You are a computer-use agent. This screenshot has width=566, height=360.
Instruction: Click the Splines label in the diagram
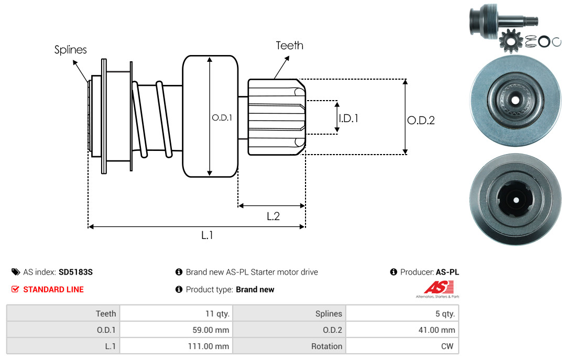tap(70, 49)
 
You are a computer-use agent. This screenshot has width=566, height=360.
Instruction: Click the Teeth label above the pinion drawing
tap(289, 45)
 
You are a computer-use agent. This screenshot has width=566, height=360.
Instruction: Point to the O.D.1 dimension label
tap(222, 117)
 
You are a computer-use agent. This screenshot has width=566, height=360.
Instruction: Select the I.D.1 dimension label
tap(349, 118)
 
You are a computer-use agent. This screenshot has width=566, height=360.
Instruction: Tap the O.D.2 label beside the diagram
tap(421, 120)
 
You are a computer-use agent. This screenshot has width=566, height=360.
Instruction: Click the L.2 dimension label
tap(273, 216)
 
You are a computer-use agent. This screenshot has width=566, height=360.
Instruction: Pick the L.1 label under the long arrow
tap(207, 235)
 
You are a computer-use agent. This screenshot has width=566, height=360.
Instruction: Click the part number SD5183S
tap(75, 272)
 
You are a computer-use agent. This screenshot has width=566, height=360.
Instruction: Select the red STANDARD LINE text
tap(53, 289)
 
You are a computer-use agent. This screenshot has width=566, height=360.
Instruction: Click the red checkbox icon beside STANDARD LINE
tap(15, 289)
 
